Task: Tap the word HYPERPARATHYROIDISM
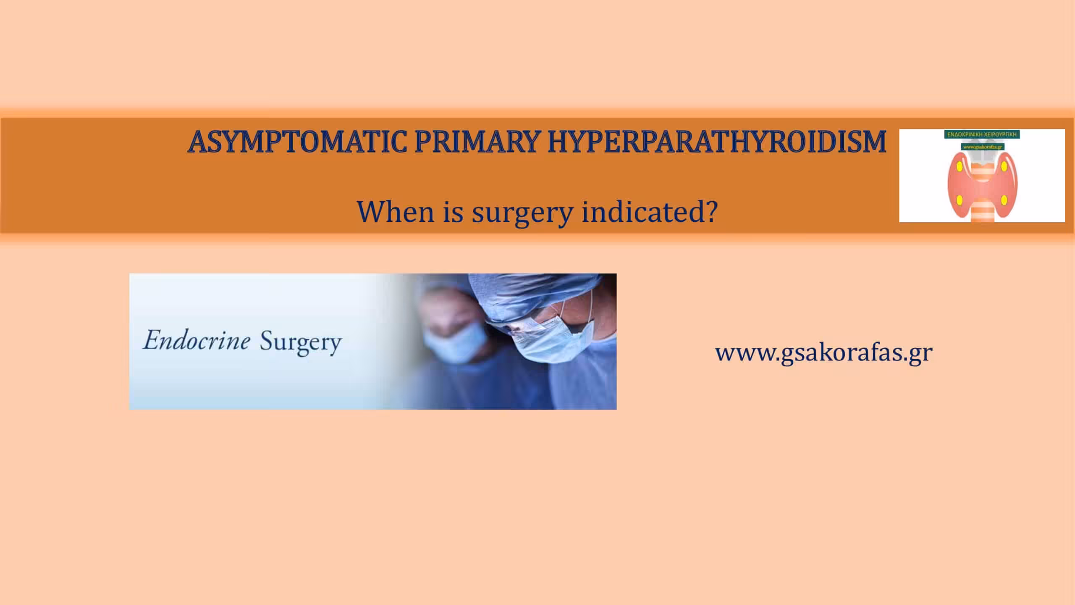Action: (716, 142)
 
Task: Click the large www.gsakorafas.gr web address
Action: (824, 352)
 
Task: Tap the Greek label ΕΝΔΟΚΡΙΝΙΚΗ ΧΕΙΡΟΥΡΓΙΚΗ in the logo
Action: (981, 135)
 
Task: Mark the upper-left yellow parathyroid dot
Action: (960, 167)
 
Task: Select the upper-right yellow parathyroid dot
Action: (1004, 167)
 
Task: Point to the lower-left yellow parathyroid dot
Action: (960, 199)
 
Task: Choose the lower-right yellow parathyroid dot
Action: (1004, 199)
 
